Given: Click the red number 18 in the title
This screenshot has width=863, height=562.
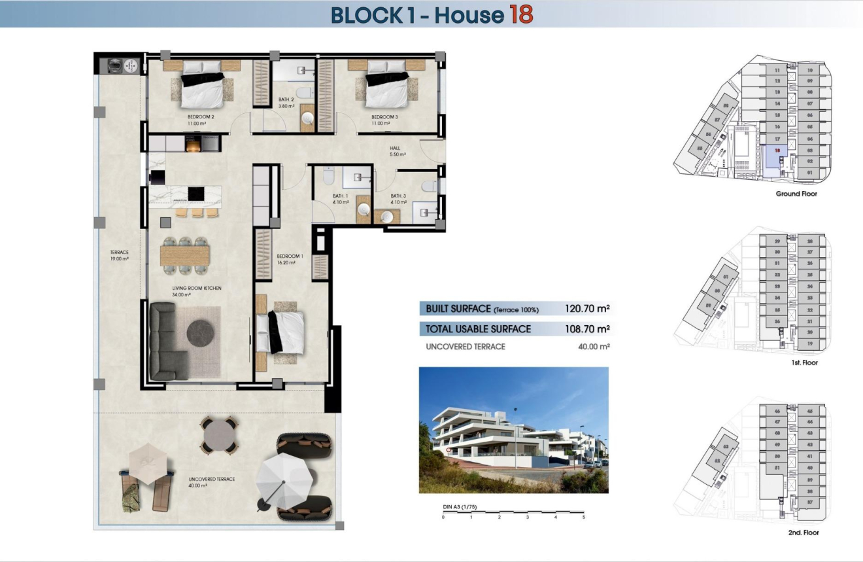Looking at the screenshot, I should click(521, 14).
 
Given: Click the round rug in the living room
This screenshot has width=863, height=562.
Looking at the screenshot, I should click(201, 333).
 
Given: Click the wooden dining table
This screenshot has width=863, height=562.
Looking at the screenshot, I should click(185, 255).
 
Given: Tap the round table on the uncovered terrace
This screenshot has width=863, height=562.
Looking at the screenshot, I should click(219, 434).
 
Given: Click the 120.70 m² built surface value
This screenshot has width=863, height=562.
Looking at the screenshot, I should click(587, 308).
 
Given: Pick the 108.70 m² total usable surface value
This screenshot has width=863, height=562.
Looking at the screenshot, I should click(587, 329).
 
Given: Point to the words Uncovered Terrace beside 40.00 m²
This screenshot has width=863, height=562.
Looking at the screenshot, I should click(465, 347).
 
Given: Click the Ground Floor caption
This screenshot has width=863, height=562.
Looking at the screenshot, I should click(796, 194).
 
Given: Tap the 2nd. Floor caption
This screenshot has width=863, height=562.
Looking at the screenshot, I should click(804, 533).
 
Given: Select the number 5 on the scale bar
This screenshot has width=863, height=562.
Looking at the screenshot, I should click(584, 517).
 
